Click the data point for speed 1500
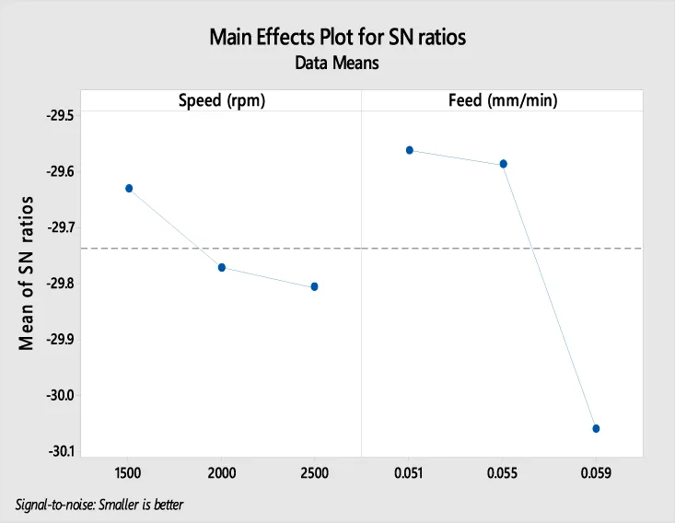coord(129,188)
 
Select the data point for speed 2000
coord(222,267)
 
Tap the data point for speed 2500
coord(315,286)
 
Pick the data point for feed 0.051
coord(410,150)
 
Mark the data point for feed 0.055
coord(503,164)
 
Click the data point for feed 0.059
coord(596,428)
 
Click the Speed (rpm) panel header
coord(221,100)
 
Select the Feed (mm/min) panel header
coord(502,100)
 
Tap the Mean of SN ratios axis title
coord(28,273)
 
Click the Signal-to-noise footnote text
coord(106,505)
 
